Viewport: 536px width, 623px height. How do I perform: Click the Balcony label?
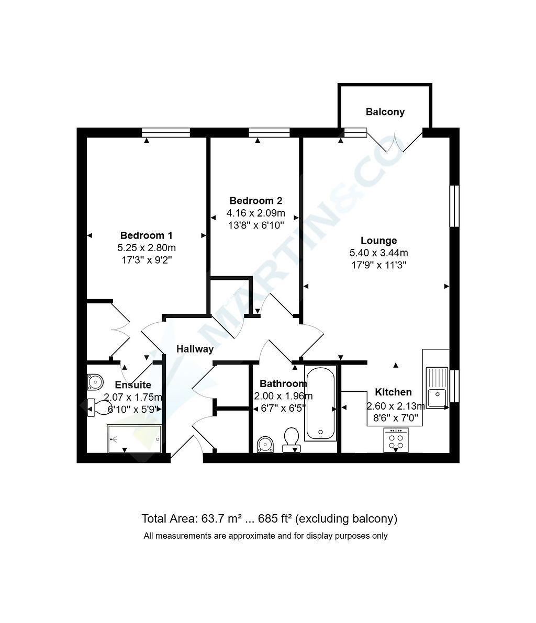385,112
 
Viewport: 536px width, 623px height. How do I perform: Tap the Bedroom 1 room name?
147,235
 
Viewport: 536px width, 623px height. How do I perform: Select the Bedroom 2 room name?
255,201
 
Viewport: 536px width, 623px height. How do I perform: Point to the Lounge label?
378,241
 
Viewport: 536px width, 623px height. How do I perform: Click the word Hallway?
195,349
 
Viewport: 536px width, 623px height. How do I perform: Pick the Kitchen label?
393,392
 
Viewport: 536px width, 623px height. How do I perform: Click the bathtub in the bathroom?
320,403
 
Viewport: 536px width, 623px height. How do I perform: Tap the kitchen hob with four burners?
396,440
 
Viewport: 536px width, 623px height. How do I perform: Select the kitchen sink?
437,388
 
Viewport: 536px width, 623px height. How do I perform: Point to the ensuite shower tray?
135,439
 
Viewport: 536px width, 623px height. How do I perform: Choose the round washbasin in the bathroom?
265,445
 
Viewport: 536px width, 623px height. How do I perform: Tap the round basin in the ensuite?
95,382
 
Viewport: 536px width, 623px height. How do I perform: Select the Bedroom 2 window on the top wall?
269,132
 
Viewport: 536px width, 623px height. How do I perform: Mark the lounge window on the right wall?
454,206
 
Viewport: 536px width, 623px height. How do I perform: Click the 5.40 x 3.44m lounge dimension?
378,253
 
